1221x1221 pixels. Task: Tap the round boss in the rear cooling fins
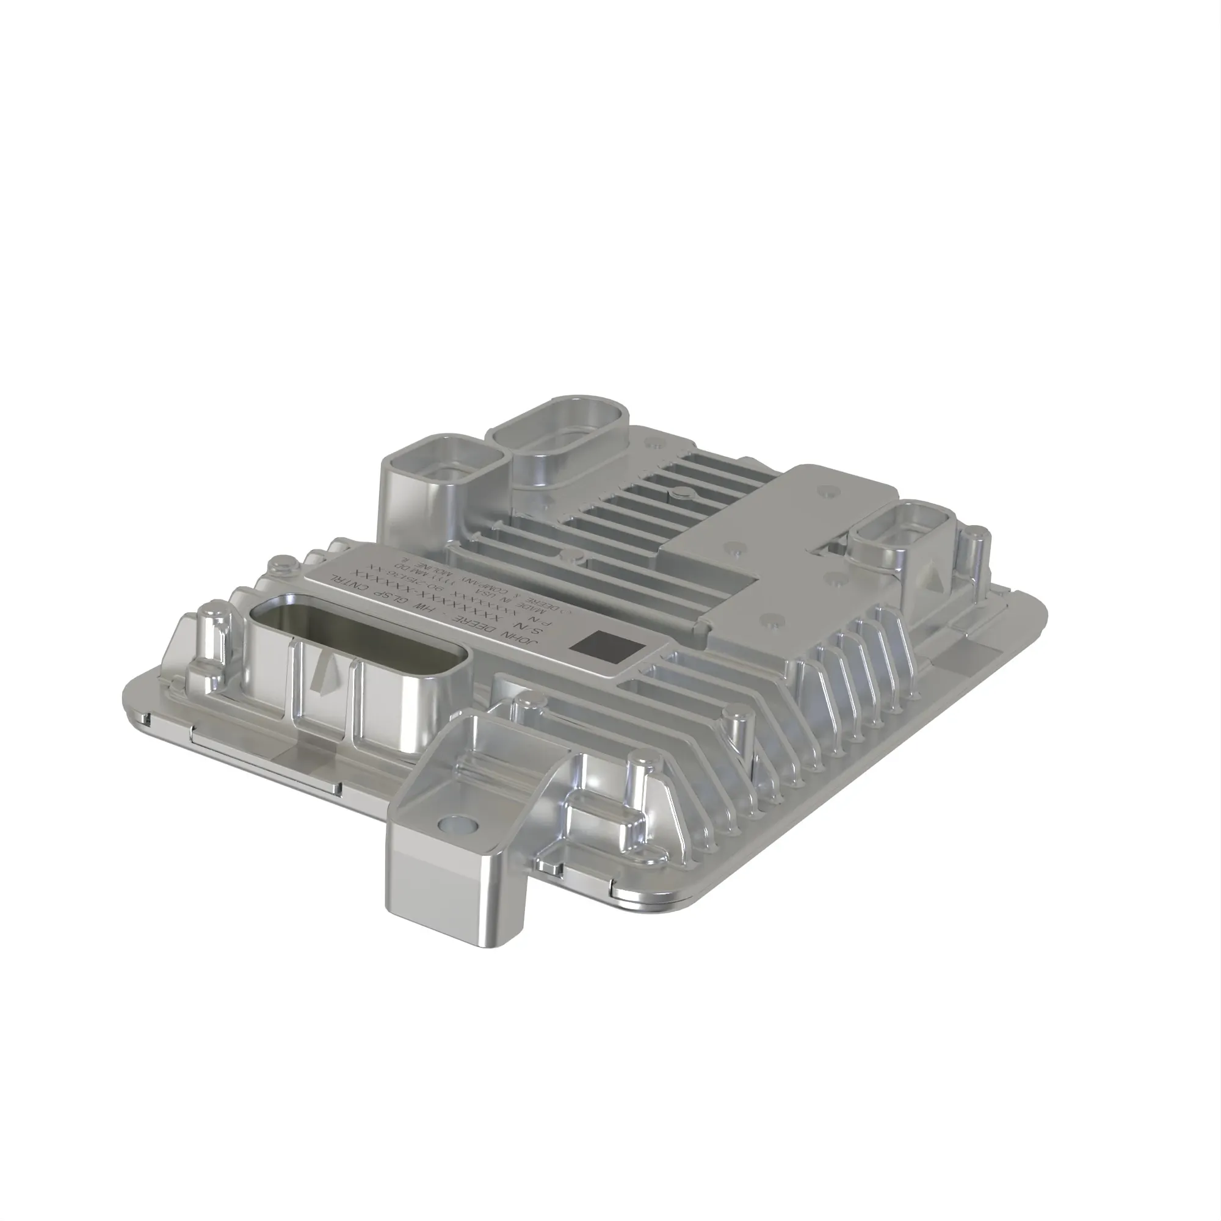(681, 495)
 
